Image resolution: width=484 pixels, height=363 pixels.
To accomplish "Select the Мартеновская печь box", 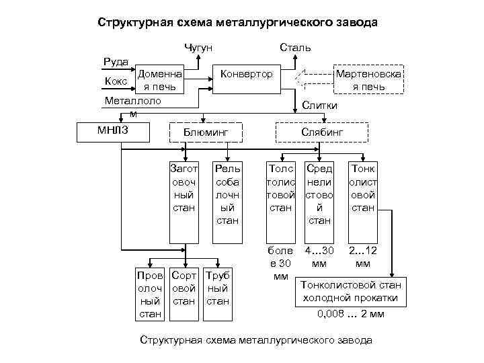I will point(368,80).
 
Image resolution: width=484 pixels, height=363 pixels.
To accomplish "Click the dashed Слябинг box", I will point(321,133).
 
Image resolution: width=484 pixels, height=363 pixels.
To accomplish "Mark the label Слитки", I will point(320,106).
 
